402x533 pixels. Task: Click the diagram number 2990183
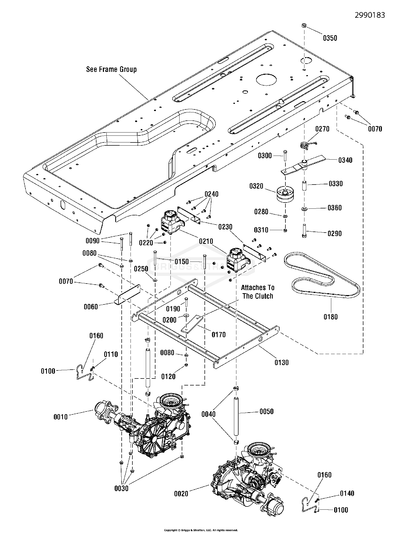[x=370, y=15]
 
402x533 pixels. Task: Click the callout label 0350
[x=330, y=38]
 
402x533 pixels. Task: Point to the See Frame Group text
[x=111, y=69]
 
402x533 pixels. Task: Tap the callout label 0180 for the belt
[x=330, y=317]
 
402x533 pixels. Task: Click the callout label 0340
[x=345, y=160]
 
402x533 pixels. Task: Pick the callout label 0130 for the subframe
[x=281, y=363]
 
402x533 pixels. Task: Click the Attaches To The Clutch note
[x=258, y=292]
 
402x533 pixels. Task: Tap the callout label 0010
[x=61, y=417]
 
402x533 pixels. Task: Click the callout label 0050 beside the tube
[x=266, y=411]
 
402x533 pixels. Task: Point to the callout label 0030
[x=121, y=488]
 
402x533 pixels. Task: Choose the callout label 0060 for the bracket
[x=91, y=307]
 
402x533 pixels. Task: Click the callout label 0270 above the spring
[x=322, y=129]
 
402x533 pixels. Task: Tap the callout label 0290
[x=335, y=234]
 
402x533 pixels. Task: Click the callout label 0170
[x=219, y=334]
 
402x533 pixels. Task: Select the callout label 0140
[x=347, y=493]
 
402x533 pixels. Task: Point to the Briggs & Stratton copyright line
[x=201, y=530]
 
